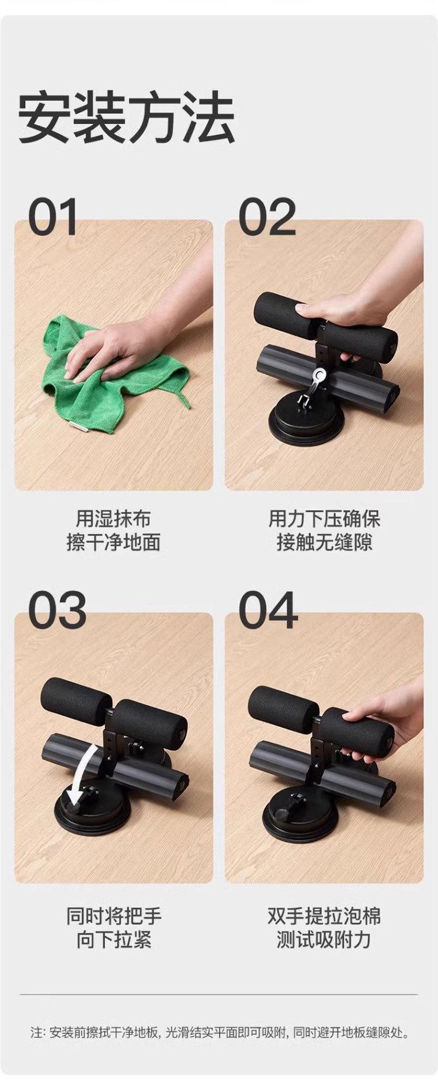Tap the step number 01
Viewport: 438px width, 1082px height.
tap(53, 217)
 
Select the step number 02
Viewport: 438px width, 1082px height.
tap(267, 217)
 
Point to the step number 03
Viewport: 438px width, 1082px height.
tap(57, 610)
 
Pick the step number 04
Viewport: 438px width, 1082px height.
tap(268, 610)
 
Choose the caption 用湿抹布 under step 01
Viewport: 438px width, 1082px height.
tap(113, 518)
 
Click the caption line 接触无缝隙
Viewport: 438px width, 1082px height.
tap(324, 543)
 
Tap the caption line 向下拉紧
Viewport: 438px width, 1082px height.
tap(113, 940)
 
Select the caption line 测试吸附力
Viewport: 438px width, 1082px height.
tap(324, 940)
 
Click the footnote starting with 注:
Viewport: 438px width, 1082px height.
tap(219, 1033)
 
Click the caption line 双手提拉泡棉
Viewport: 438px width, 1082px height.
tap(324, 915)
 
